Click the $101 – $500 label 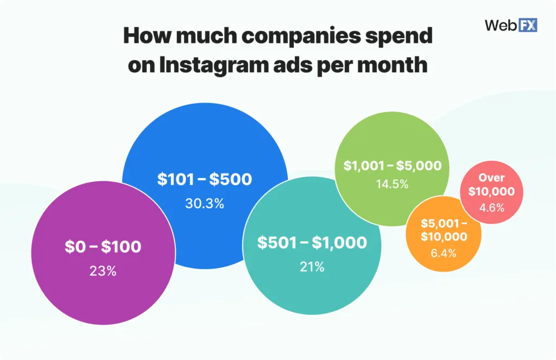coord(204,180)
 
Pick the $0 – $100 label coord(103,247)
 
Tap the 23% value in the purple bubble coord(103,270)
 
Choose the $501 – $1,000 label coord(312,243)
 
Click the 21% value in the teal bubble coord(312,267)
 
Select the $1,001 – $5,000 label coord(392,166)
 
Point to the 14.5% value coord(392,184)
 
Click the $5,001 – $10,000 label coord(444,230)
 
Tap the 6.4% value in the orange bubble coord(444,252)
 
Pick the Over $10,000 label coord(491,185)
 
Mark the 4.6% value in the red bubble coord(491,207)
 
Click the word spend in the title coord(397,36)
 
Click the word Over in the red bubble coord(491,178)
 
